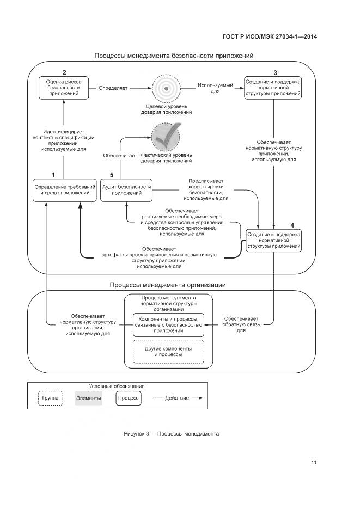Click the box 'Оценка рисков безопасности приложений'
tap(64, 87)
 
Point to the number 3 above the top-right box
tap(275, 73)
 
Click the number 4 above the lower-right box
tap(292, 224)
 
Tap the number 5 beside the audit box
tap(111, 175)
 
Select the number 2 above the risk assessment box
tap(64, 73)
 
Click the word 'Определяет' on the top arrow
tap(113, 87)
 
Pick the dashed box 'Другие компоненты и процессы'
tap(168, 352)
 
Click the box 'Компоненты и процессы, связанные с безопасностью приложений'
tap(168, 324)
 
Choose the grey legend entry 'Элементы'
tap(88, 398)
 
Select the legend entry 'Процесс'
tap(129, 398)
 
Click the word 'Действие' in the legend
tap(175, 398)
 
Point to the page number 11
tap(314, 463)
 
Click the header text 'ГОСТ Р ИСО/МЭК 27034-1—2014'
tap(270, 36)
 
